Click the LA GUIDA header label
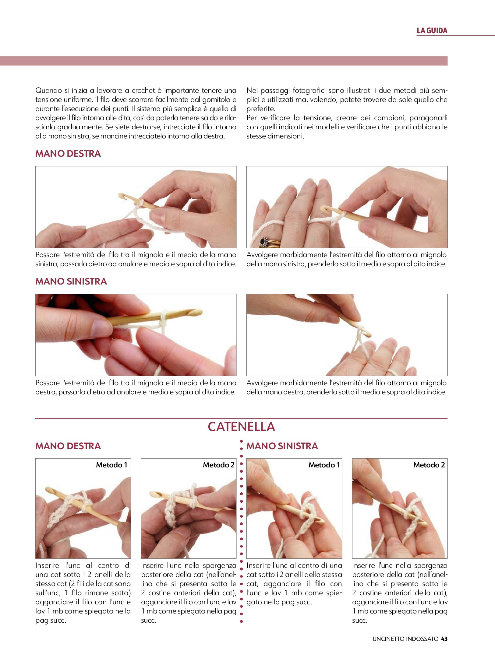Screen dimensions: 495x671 tap(432, 30)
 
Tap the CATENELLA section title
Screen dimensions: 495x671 tap(241, 427)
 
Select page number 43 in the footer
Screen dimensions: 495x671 tap(444, 639)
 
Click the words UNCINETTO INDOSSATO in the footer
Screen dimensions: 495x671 tap(405, 639)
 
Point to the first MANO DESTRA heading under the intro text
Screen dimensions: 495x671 tap(68, 153)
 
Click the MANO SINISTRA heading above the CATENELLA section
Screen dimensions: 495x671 tap(71, 281)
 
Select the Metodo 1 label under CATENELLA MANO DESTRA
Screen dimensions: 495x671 tap(111, 465)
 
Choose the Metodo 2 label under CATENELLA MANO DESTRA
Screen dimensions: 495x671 tap(219, 465)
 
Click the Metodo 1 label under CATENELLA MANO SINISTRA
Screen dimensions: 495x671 tap(324, 465)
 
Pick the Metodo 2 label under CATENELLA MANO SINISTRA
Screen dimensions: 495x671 tap(429, 465)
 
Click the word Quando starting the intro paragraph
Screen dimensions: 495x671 tap(48, 90)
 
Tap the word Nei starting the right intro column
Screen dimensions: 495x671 tap(252, 90)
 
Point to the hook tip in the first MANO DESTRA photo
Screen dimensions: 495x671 tap(122, 196)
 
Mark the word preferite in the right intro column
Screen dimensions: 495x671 tap(260, 109)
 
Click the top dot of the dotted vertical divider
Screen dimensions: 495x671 tap(241, 441)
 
